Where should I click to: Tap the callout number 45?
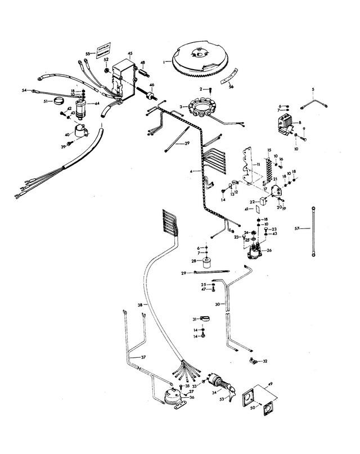tap(130, 55)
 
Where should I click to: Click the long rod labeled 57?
tap(311, 232)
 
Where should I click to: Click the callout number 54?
tap(24, 91)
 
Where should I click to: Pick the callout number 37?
tap(143, 358)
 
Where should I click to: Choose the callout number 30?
tap(217, 304)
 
